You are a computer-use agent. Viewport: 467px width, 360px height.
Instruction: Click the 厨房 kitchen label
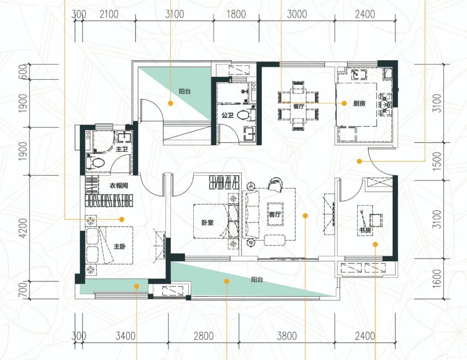(359, 103)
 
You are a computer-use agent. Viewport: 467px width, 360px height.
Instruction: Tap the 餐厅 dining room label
(299, 106)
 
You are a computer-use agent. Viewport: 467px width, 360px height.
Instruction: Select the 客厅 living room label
(275, 214)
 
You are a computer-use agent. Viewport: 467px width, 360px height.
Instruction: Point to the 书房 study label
(365, 230)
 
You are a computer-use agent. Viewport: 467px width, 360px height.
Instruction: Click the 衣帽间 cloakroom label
(119, 186)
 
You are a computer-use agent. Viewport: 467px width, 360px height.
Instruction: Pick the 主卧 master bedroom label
(120, 247)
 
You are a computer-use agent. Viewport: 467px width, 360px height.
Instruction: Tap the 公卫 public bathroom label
(227, 115)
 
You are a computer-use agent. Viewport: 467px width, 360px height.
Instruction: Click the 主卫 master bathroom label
(122, 149)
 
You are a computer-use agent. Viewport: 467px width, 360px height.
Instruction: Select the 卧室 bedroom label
(208, 222)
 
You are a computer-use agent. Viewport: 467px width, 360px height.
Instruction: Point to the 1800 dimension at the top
(236, 14)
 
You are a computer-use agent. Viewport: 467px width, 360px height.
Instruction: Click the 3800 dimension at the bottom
(287, 336)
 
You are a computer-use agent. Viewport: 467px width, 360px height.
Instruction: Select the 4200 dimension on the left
(23, 228)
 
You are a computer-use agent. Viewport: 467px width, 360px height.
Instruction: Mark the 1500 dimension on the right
(437, 161)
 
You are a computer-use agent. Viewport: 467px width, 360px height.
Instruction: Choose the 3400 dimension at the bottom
(125, 336)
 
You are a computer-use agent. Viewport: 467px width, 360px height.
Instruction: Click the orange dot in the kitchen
(344, 103)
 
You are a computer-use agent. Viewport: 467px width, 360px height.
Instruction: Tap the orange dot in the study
(375, 244)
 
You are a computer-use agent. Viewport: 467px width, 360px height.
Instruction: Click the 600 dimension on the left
(23, 72)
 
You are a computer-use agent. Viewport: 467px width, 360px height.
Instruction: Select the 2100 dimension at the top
(109, 14)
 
